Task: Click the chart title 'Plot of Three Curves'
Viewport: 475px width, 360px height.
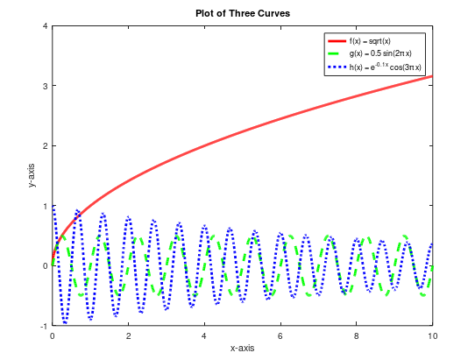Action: click(241, 13)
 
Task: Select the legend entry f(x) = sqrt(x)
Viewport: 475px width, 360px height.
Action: click(371, 41)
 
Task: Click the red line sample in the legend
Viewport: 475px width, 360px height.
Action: click(337, 41)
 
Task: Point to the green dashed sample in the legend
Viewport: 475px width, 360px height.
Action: click(337, 54)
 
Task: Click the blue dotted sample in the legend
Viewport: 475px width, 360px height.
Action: click(337, 67)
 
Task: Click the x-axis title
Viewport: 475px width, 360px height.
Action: click(242, 348)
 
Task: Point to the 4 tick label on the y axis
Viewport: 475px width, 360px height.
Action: click(45, 26)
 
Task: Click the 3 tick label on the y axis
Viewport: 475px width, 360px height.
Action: click(45, 86)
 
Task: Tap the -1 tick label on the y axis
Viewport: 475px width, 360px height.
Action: click(43, 325)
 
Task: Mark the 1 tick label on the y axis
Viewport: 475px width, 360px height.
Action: click(45, 206)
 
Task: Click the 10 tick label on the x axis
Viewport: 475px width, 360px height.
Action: click(432, 335)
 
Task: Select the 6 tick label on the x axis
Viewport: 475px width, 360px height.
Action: click(280, 335)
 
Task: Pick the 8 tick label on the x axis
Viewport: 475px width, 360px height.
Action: click(357, 335)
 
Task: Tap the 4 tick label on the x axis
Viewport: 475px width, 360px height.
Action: click(204, 335)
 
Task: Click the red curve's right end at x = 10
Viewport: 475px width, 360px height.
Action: click(431, 77)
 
